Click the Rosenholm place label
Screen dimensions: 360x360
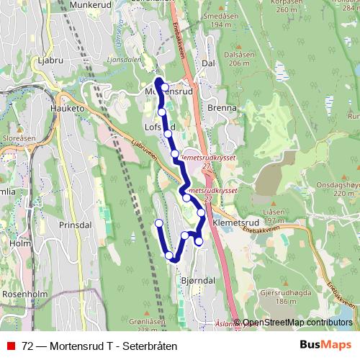[24, 294]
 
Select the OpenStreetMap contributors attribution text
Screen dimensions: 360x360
[297, 323]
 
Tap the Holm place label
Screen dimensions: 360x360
[20, 243]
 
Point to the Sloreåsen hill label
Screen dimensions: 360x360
[19, 137]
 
